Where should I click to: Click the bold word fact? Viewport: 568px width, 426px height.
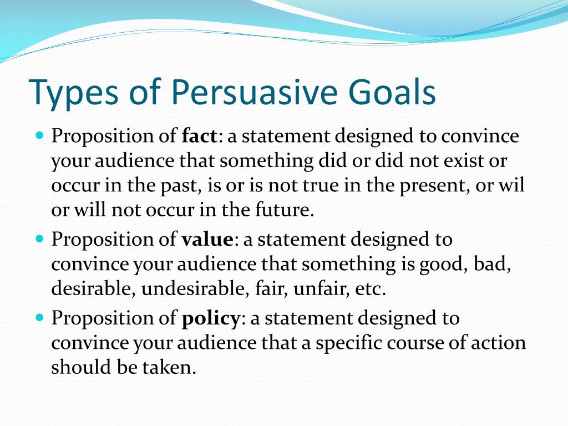(x=200, y=136)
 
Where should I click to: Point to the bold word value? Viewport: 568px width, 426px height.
(x=207, y=240)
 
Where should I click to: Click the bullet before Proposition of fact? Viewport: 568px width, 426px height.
(x=40, y=135)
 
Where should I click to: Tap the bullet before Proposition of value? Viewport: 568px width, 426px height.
(x=40, y=239)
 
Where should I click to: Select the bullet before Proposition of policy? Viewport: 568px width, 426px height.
(x=40, y=317)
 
